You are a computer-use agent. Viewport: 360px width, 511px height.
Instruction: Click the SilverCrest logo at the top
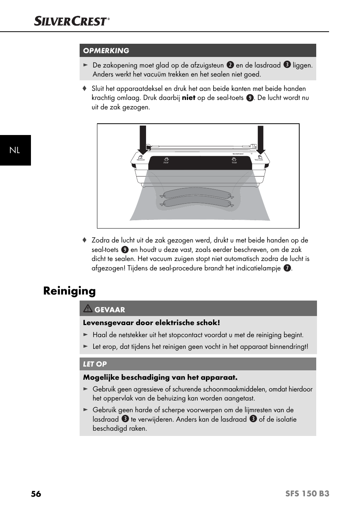tap(71, 21)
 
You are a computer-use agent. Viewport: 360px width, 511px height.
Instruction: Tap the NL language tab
tap(15, 150)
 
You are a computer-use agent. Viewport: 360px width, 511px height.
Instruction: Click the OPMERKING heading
tap(106, 51)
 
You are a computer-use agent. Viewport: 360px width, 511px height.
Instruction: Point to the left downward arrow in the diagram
tap(143, 140)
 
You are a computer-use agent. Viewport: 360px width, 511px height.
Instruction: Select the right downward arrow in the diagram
tap(260, 140)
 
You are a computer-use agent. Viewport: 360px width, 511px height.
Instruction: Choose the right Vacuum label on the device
tap(259, 159)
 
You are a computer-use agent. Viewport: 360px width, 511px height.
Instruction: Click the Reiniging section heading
tap(69, 291)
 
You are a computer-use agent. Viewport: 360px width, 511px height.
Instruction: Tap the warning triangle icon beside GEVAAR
tap(88, 308)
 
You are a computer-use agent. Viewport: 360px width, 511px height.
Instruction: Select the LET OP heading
tap(95, 364)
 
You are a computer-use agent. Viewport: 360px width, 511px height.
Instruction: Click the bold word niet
tap(188, 98)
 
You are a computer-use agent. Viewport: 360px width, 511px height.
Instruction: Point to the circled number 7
tap(287, 268)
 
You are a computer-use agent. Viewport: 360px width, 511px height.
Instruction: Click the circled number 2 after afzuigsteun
tap(230, 65)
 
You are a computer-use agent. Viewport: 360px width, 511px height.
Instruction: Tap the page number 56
tap(36, 494)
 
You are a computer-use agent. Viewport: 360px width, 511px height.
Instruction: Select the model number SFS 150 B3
tap(307, 494)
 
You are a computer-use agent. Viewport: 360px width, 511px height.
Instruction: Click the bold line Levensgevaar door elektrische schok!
tap(151, 322)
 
